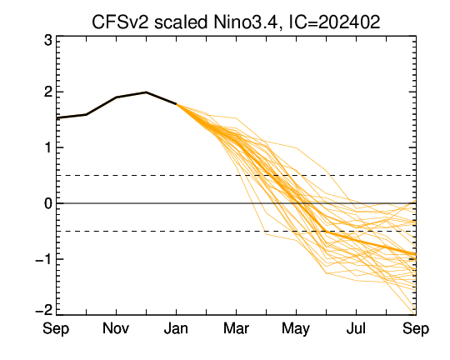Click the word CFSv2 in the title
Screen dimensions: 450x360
tap(120, 22)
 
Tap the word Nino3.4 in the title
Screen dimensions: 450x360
tap(245, 22)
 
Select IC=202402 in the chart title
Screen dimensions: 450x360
tap(334, 22)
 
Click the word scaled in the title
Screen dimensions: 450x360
tap(181, 22)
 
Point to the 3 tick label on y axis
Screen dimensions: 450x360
tap(48, 41)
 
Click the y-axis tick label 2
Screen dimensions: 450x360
tap(48, 92)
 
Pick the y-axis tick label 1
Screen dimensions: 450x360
tap(48, 147)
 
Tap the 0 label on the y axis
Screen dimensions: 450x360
tap(48, 203)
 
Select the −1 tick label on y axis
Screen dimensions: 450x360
tap(44, 259)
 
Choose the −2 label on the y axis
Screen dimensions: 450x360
tap(44, 310)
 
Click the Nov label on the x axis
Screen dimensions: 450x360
tap(116, 328)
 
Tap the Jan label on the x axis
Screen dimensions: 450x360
tap(176, 328)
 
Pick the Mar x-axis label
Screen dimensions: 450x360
tap(236, 328)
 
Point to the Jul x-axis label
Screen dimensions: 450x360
tap(356, 328)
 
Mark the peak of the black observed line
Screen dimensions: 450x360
tap(146, 92)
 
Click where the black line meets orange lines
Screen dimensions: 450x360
tap(176, 104)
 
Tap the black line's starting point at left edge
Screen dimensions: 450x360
tap(57, 118)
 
